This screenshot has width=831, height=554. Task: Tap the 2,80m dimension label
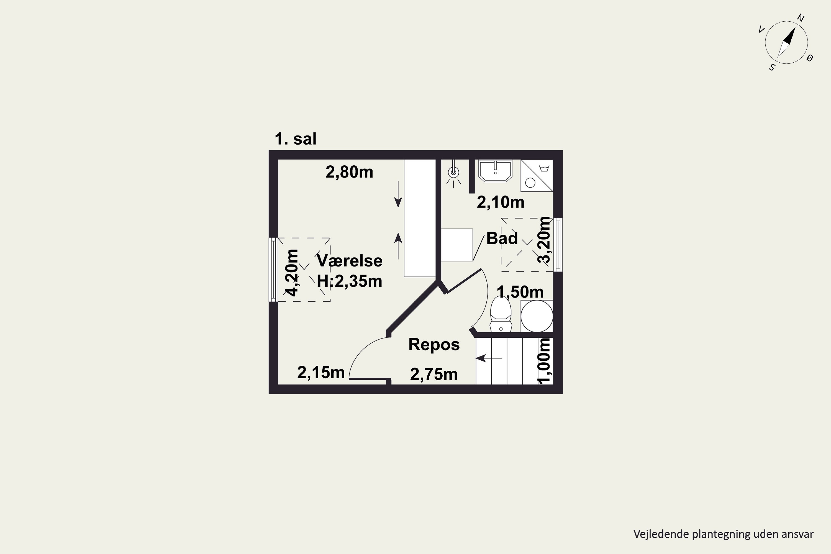pos(349,172)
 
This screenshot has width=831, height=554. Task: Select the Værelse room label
pos(349,261)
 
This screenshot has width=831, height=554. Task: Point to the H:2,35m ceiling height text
pos(349,281)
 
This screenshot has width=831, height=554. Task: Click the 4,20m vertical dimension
pos(292,272)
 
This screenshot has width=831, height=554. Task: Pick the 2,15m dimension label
pos(321,372)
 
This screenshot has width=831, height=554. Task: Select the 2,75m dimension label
pos(434,374)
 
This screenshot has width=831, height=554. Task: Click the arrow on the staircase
pos(489,358)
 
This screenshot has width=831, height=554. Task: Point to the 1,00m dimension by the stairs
pos(544,360)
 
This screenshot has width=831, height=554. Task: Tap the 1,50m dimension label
pos(520,292)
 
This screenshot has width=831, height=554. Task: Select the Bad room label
pos(502,238)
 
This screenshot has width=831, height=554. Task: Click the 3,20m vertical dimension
pos(544,240)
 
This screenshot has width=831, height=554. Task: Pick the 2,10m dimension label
pos(501,202)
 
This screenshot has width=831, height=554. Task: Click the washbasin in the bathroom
pos(495,171)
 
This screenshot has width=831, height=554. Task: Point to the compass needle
pos(786,42)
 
